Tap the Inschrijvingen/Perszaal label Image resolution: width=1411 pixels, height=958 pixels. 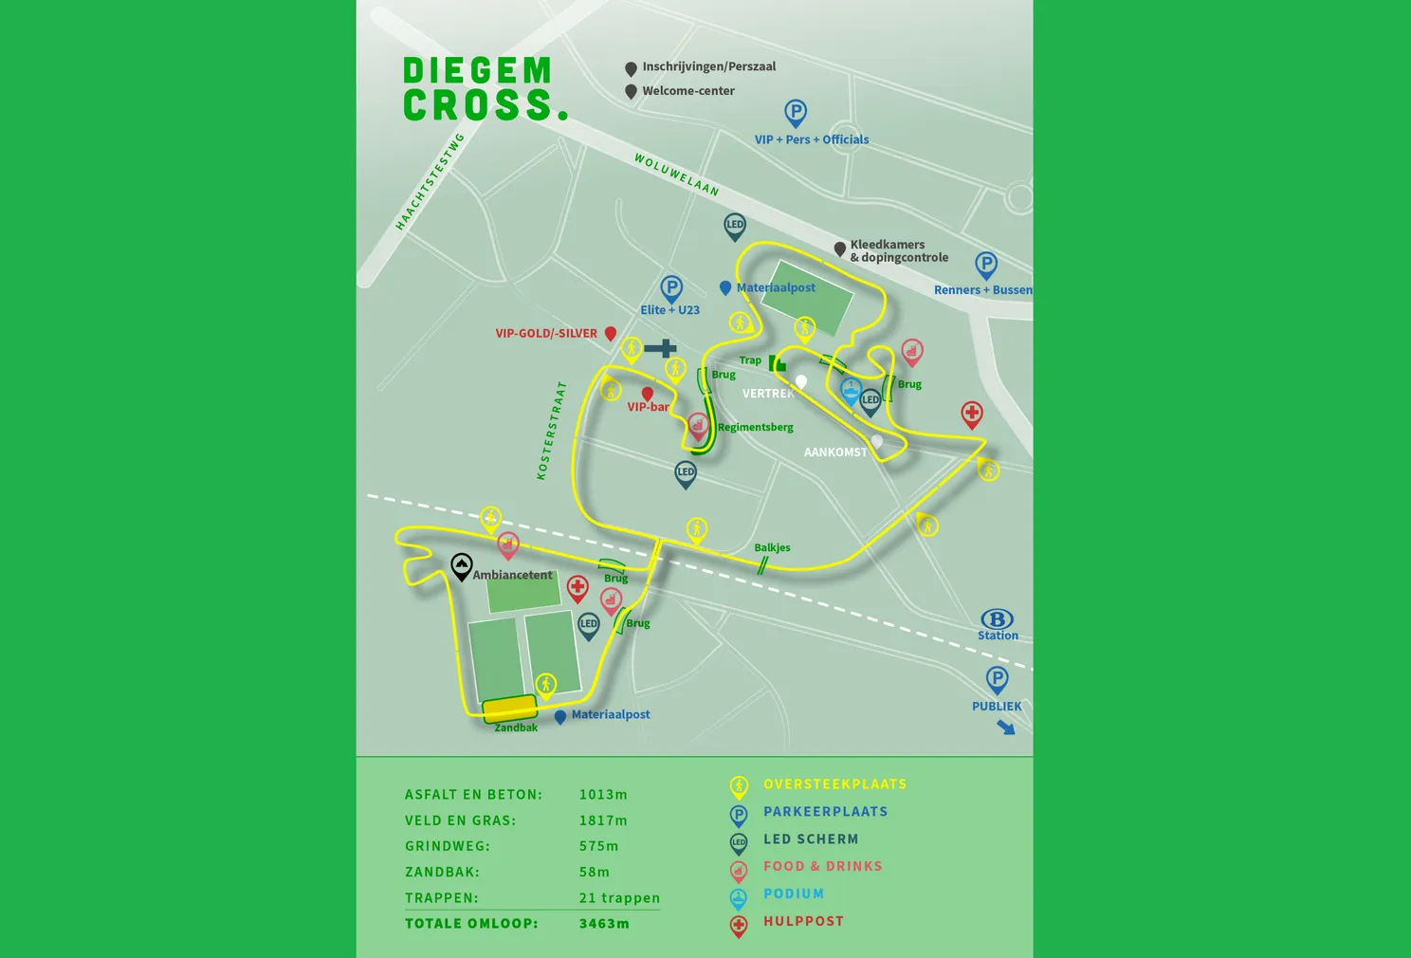(708, 66)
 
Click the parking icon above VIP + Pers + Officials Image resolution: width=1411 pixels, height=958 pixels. (796, 113)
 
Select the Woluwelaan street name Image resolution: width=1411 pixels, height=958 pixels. (676, 175)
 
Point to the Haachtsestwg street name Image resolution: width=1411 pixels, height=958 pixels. (430, 181)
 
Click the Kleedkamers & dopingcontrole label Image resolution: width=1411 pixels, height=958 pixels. (898, 251)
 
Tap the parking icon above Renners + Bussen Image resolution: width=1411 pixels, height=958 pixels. (986, 265)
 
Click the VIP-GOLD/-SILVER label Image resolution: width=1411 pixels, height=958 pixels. (546, 334)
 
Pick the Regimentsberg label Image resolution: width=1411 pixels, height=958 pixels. (755, 427)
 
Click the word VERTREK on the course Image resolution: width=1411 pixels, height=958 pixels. (767, 394)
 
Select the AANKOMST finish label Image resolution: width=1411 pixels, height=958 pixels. (835, 452)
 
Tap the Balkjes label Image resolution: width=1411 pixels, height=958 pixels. (772, 547)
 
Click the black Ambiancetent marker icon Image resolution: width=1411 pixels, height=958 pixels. (462, 566)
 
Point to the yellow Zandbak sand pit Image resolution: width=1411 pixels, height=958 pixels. (509, 709)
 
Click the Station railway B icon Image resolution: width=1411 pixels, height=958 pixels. (997, 619)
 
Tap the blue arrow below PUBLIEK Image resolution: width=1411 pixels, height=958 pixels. (1006, 728)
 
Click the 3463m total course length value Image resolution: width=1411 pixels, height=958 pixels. (604, 924)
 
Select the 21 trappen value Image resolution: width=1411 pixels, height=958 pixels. (619, 898)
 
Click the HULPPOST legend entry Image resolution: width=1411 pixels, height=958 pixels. (803, 921)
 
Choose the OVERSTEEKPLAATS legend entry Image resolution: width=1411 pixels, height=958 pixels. (834, 784)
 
